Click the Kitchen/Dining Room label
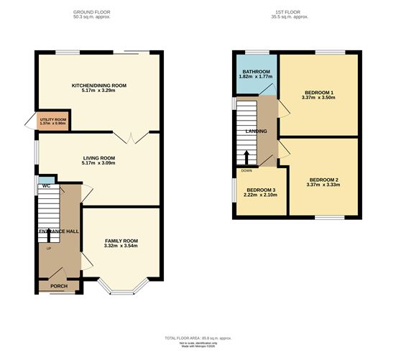(x=98, y=86)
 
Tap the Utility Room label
(x=52, y=119)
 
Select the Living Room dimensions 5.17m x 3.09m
(x=98, y=163)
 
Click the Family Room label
(x=121, y=241)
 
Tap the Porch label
(x=59, y=285)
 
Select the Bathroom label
(x=255, y=72)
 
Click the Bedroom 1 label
(x=318, y=93)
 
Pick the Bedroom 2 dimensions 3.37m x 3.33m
(x=323, y=185)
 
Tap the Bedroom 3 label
(x=260, y=190)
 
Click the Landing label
(x=257, y=131)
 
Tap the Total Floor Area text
(x=197, y=337)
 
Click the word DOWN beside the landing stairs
(x=247, y=171)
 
